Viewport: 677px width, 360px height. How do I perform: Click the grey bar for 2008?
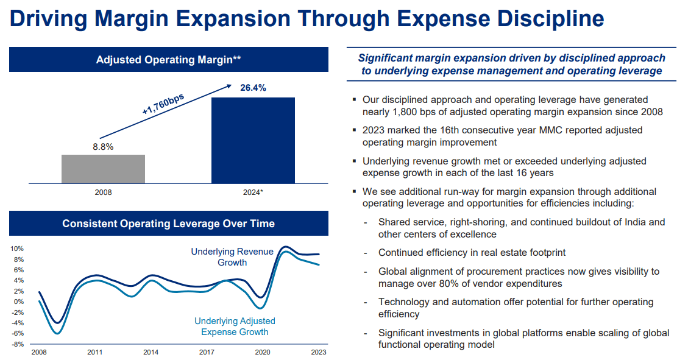click(103, 169)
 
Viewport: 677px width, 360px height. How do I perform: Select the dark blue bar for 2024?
click(252, 140)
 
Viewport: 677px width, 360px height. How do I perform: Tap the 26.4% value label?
click(252, 88)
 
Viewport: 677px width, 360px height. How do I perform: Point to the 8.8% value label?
click(102, 147)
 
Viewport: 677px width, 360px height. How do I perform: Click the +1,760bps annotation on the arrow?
click(163, 105)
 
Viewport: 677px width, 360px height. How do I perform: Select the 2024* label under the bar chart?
click(253, 192)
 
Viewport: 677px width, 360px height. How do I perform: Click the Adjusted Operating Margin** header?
click(168, 60)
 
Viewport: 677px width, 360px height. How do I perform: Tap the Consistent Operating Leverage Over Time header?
click(168, 224)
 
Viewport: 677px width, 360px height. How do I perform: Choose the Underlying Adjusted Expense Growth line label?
click(235, 326)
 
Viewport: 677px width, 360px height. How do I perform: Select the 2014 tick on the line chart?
click(151, 352)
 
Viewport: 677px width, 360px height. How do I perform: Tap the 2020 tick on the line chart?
click(263, 352)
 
